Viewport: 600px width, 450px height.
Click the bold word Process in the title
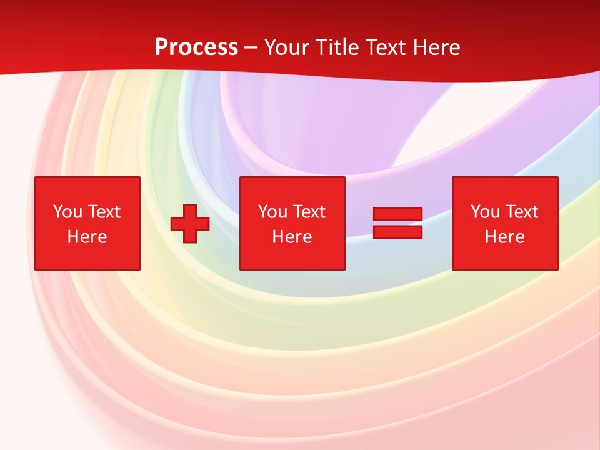(x=196, y=47)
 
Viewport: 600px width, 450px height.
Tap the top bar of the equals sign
(x=397, y=214)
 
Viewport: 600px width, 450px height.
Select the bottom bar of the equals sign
(x=397, y=232)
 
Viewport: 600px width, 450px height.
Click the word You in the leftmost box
(x=67, y=212)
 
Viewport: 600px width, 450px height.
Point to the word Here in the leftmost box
(x=87, y=237)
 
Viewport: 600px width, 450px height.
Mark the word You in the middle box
(x=272, y=212)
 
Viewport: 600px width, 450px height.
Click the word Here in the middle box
(x=292, y=237)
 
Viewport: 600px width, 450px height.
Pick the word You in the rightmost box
(x=485, y=212)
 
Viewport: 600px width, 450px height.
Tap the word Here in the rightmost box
(x=504, y=237)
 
